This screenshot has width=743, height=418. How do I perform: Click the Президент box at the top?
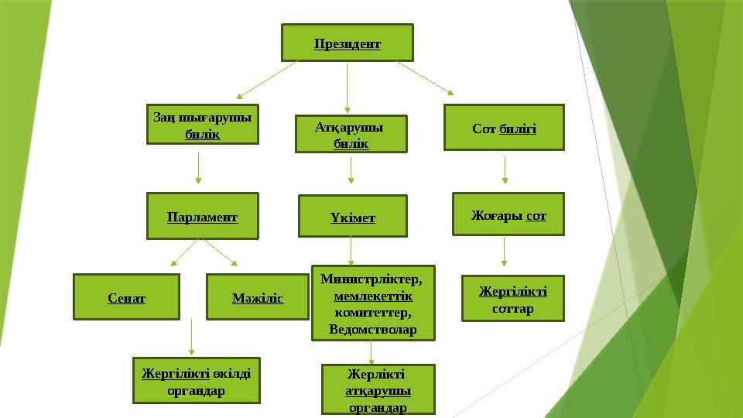pyautogui.click(x=348, y=43)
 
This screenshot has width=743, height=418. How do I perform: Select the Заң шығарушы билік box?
pyautogui.click(x=202, y=124)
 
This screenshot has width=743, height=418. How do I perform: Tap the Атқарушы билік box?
pyautogui.click(x=351, y=134)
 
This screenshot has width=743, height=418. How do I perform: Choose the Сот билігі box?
pyautogui.click(x=504, y=128)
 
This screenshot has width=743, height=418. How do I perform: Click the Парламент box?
pyautogui.click(x=202, y=216)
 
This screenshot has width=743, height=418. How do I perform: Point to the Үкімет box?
pyautogui.click(x=353, y=216)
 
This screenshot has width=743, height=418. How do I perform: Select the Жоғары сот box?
pyautogui.click(x=508, y=214)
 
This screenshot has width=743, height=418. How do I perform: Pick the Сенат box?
pyautogui.click(x=126, y=296)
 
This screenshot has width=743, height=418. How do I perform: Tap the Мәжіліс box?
pyautogui.click(x=258, y=296)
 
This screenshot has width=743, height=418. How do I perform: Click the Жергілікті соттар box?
pyautogui.click(x=513, y=299)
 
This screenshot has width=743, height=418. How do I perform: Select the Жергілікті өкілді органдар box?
pyautogui.click(x=196, y=381)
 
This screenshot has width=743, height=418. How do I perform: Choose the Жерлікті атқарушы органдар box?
pyautogui.click(x=378, y=389)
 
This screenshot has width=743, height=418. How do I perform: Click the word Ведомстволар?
pyautogui.click(x=373, y=329)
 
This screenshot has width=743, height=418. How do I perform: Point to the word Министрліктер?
pyautogui.click(x=371, y=279)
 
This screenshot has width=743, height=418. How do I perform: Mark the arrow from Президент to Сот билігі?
pyautogui.click(x=425, y=77)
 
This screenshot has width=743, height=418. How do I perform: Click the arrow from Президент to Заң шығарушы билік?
pyautogui.click(x=268, y=80)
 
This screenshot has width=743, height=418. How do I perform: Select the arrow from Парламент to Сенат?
pyautogui.click(x=184, y=252)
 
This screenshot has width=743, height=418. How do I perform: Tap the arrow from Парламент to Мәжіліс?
pyautogui.click(x=221, y=252)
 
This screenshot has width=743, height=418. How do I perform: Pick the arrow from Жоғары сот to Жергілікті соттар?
pyautogui.click(x=504, y=251)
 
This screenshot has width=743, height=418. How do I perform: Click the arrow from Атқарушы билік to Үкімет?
pyautogui.click(x=351, y=170)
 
